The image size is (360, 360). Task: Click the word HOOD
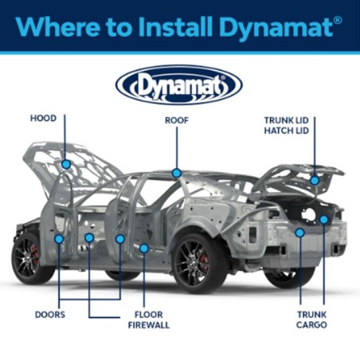pos(43,118)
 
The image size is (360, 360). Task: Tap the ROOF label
pos(177,120)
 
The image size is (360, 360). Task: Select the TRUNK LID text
pos(286,120)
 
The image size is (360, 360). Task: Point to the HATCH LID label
pos(286,131)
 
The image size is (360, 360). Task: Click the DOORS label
pos(50,315)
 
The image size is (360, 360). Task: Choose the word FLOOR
pos(149,315)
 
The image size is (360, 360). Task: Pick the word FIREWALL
pos(149,325)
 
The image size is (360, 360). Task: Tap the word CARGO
pos(311,325)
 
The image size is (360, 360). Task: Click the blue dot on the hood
pos(66,164)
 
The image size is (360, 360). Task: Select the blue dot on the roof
pos(177,173)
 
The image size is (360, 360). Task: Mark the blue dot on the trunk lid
pos(315,181)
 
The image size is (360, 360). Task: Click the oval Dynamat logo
pos(179,85)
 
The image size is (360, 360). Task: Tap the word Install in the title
pos(175,26)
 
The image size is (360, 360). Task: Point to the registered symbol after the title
pos(338,21)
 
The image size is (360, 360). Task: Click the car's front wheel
pos(30,257)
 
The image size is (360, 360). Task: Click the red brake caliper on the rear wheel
pos(204,261)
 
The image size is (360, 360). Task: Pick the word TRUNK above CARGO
pos(311,315)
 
